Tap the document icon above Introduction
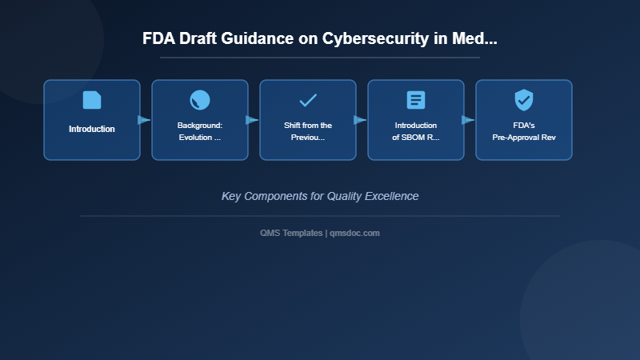[92, 100]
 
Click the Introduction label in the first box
[92, 129]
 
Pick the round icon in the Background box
[200, 100]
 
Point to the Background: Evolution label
[200, 131]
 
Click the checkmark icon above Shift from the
[308, 100]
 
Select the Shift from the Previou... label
[308, 131]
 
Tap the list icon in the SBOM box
[416, 100]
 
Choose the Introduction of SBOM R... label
[416, 131]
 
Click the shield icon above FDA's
[524, 100]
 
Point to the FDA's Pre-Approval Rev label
[524, 131]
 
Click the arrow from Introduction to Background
[145, 120]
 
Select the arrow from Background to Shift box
[253, 120]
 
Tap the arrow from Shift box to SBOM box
[361, 120]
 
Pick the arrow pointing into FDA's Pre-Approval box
[469, 120]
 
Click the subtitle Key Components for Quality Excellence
[320, 196]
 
